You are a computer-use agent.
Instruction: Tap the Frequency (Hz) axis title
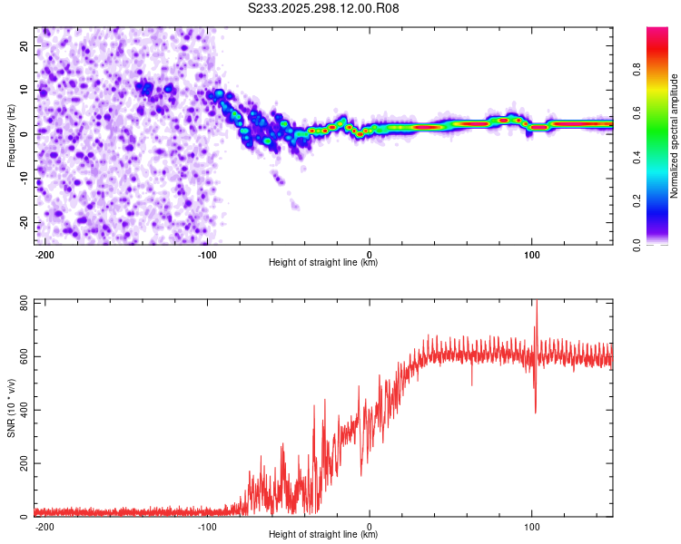tap(12, 135)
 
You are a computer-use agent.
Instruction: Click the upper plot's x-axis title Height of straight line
tap(323, 262)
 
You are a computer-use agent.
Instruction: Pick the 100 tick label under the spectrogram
tap(531, 253)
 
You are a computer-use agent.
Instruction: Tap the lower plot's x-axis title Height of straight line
tap(323, 534)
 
